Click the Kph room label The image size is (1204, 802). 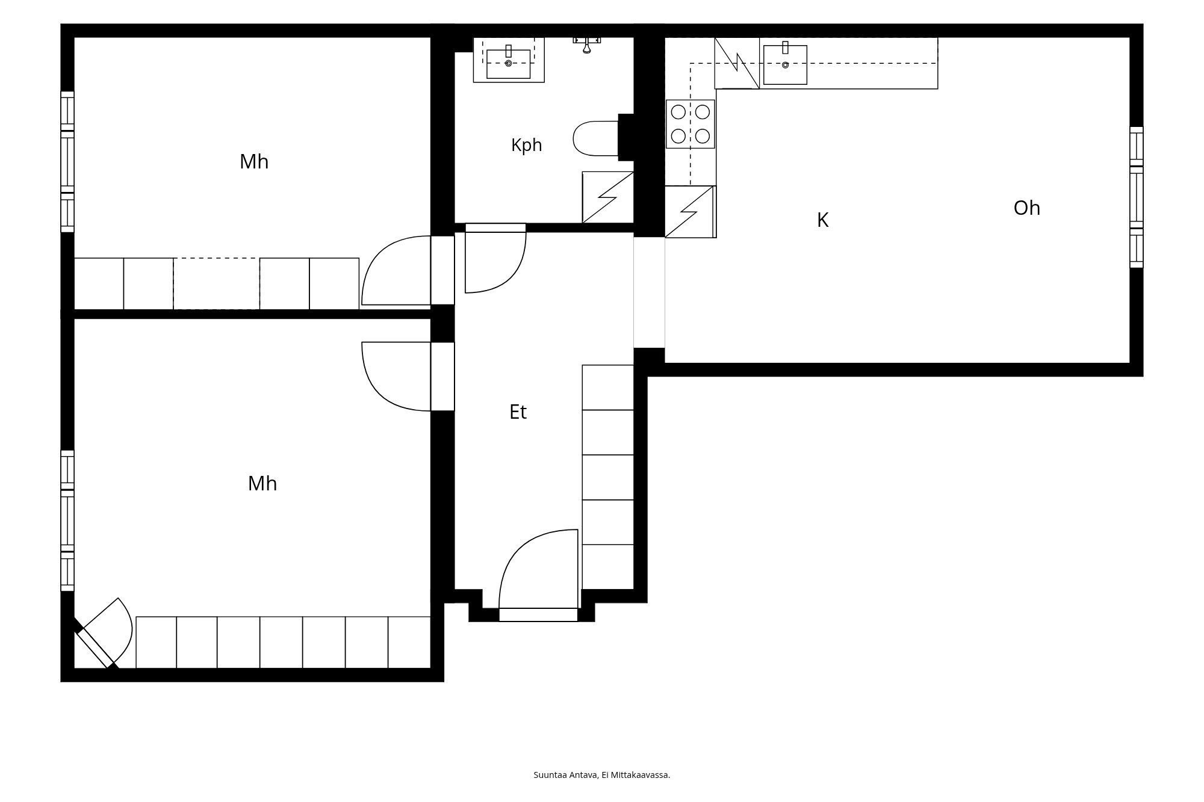[526, 146]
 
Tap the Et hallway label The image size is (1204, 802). [518, 412]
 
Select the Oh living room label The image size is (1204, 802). [1026, 208]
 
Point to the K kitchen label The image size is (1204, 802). [822, 221]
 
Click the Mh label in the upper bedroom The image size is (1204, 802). [254, 162]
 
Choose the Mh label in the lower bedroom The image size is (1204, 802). [262, 484]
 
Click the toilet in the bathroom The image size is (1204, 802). [596, 138]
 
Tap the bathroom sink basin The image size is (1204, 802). [509, 64]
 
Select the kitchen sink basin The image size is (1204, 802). [785, 64]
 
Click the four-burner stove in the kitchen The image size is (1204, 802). [690, 124]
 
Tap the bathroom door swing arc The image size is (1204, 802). [496, 259]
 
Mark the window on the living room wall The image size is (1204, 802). [1136, 197]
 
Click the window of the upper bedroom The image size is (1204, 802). [67, 162]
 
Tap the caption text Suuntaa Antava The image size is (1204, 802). [566, 775]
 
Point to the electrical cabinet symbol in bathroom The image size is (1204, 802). [608, 197]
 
